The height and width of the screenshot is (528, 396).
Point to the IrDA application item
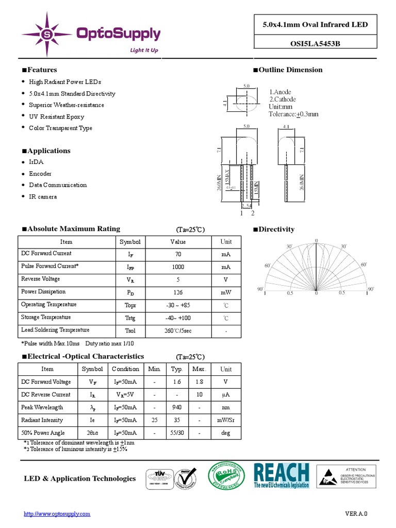(37, 162)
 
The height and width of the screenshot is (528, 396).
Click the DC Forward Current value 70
(178, 254)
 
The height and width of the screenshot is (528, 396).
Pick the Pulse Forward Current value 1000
(178, 267)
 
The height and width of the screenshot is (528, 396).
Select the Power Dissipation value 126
(178, 292)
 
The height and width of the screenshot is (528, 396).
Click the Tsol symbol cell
(130, 331)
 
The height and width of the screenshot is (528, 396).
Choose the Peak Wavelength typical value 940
(177, 407)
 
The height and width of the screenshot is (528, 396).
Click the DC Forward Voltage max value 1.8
(199, 382)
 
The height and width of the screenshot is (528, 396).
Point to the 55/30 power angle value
(177, 433)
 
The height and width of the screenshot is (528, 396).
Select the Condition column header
(125, 369)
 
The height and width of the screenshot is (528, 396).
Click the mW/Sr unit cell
(226, 420)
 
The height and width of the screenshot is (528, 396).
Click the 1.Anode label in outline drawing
(280, 92)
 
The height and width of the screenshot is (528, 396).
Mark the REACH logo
(282, 475)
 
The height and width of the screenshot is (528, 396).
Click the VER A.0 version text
(356, 514)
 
